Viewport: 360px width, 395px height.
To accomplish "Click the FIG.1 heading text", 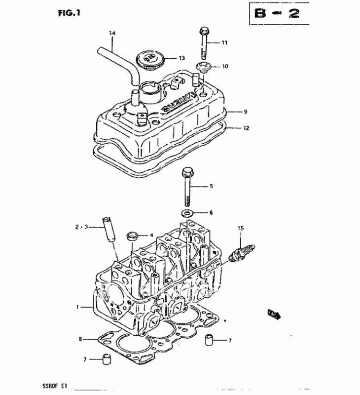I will coord(66,13).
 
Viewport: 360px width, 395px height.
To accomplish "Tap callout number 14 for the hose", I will coord(112,34).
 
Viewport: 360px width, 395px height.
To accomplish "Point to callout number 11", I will coord(224,43).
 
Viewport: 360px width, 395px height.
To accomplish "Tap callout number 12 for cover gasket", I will coord(246,128).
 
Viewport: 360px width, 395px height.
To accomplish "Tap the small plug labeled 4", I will coord(132,236).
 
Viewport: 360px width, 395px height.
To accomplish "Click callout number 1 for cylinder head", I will coord(78,308).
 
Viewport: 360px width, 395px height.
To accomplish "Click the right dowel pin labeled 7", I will coord(210,341).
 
